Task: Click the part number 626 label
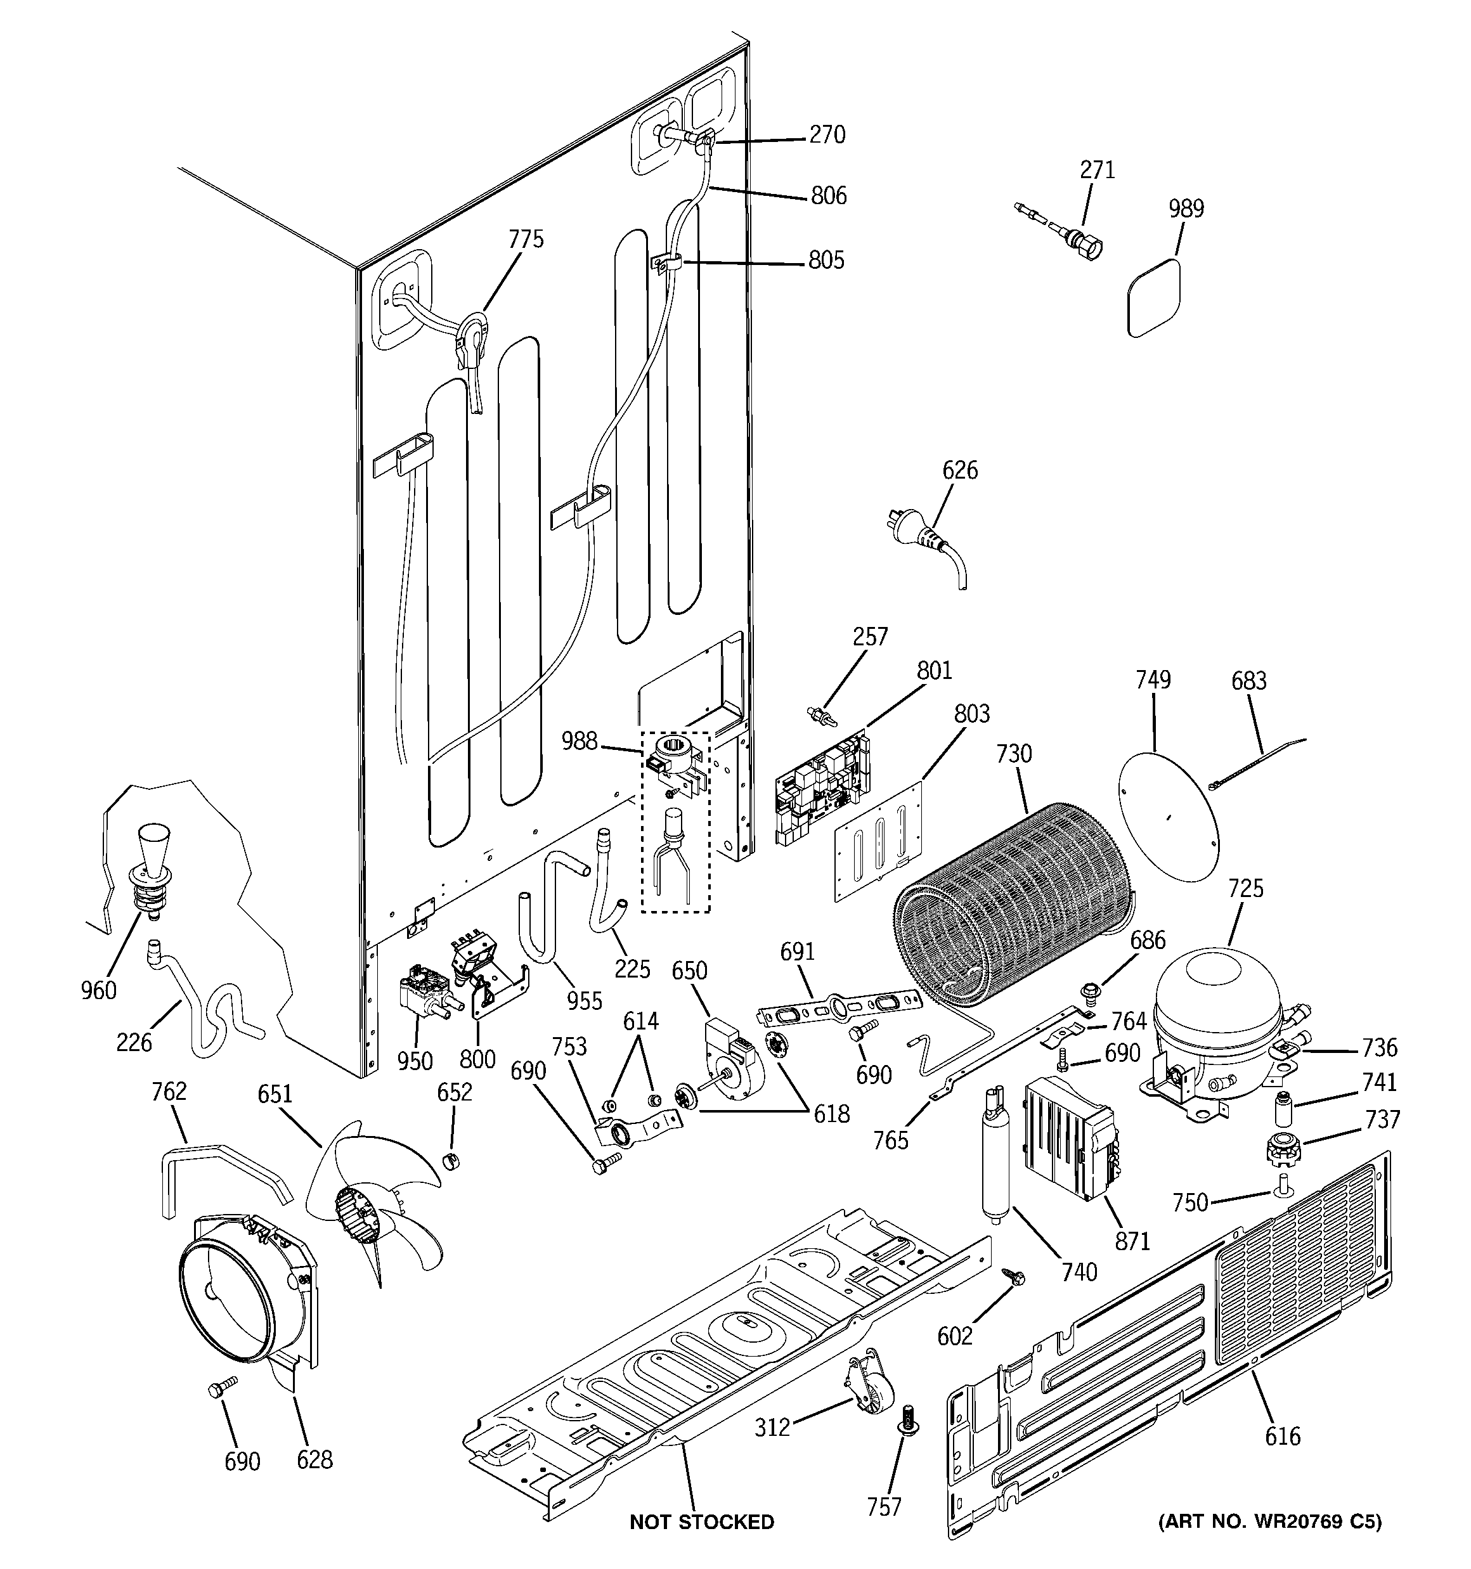pyautogui.click(x=959, y=470)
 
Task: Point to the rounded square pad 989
pyautogui.click(x=1155, y=299)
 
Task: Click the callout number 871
pyautogui.click(x=1132, y=1241)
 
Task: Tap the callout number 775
pyautogui.click(x=526, y=239)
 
